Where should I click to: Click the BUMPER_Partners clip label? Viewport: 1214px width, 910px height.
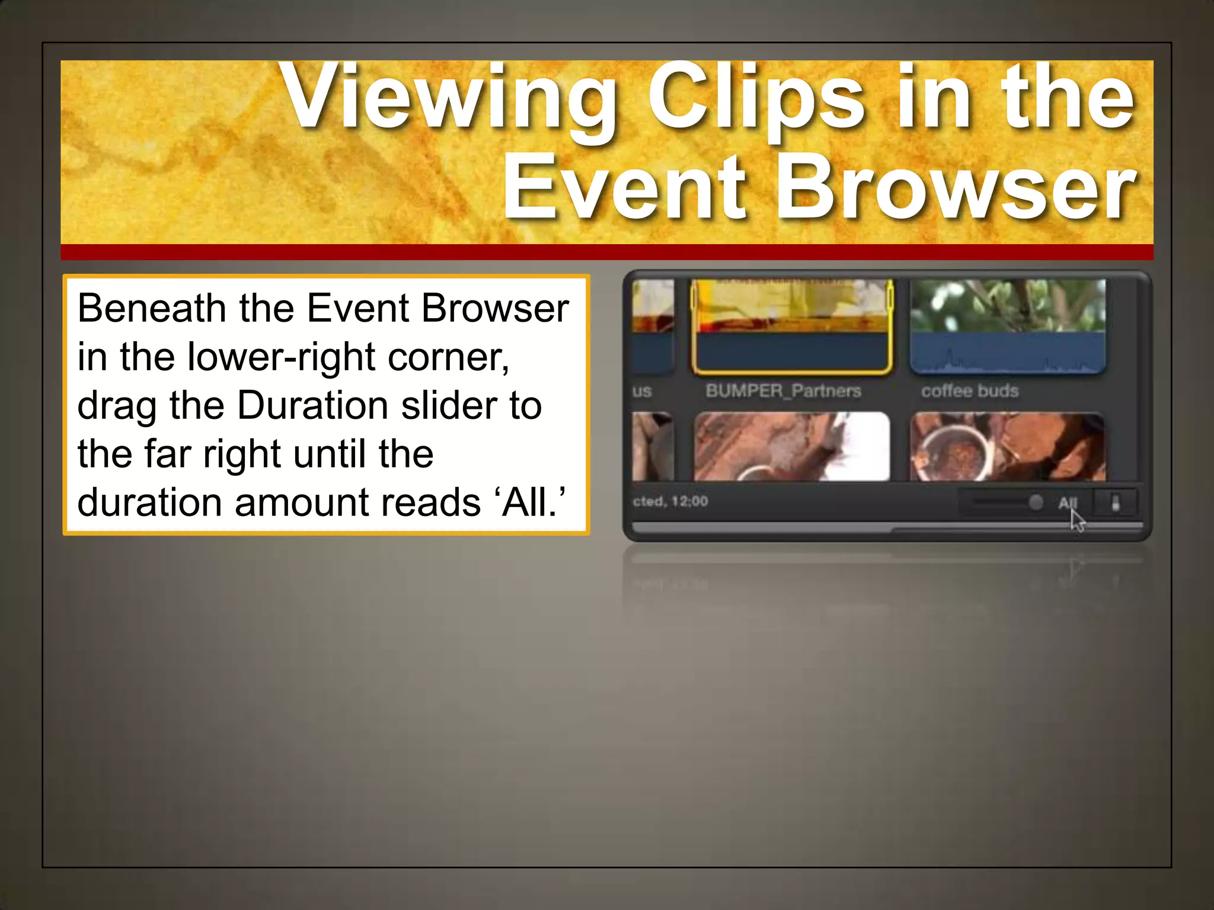[783, 391]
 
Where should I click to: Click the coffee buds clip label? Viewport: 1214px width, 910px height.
[970, 391]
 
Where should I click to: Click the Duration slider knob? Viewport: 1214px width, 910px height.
[1036, 502]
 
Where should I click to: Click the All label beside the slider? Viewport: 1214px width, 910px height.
[1066, 502]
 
